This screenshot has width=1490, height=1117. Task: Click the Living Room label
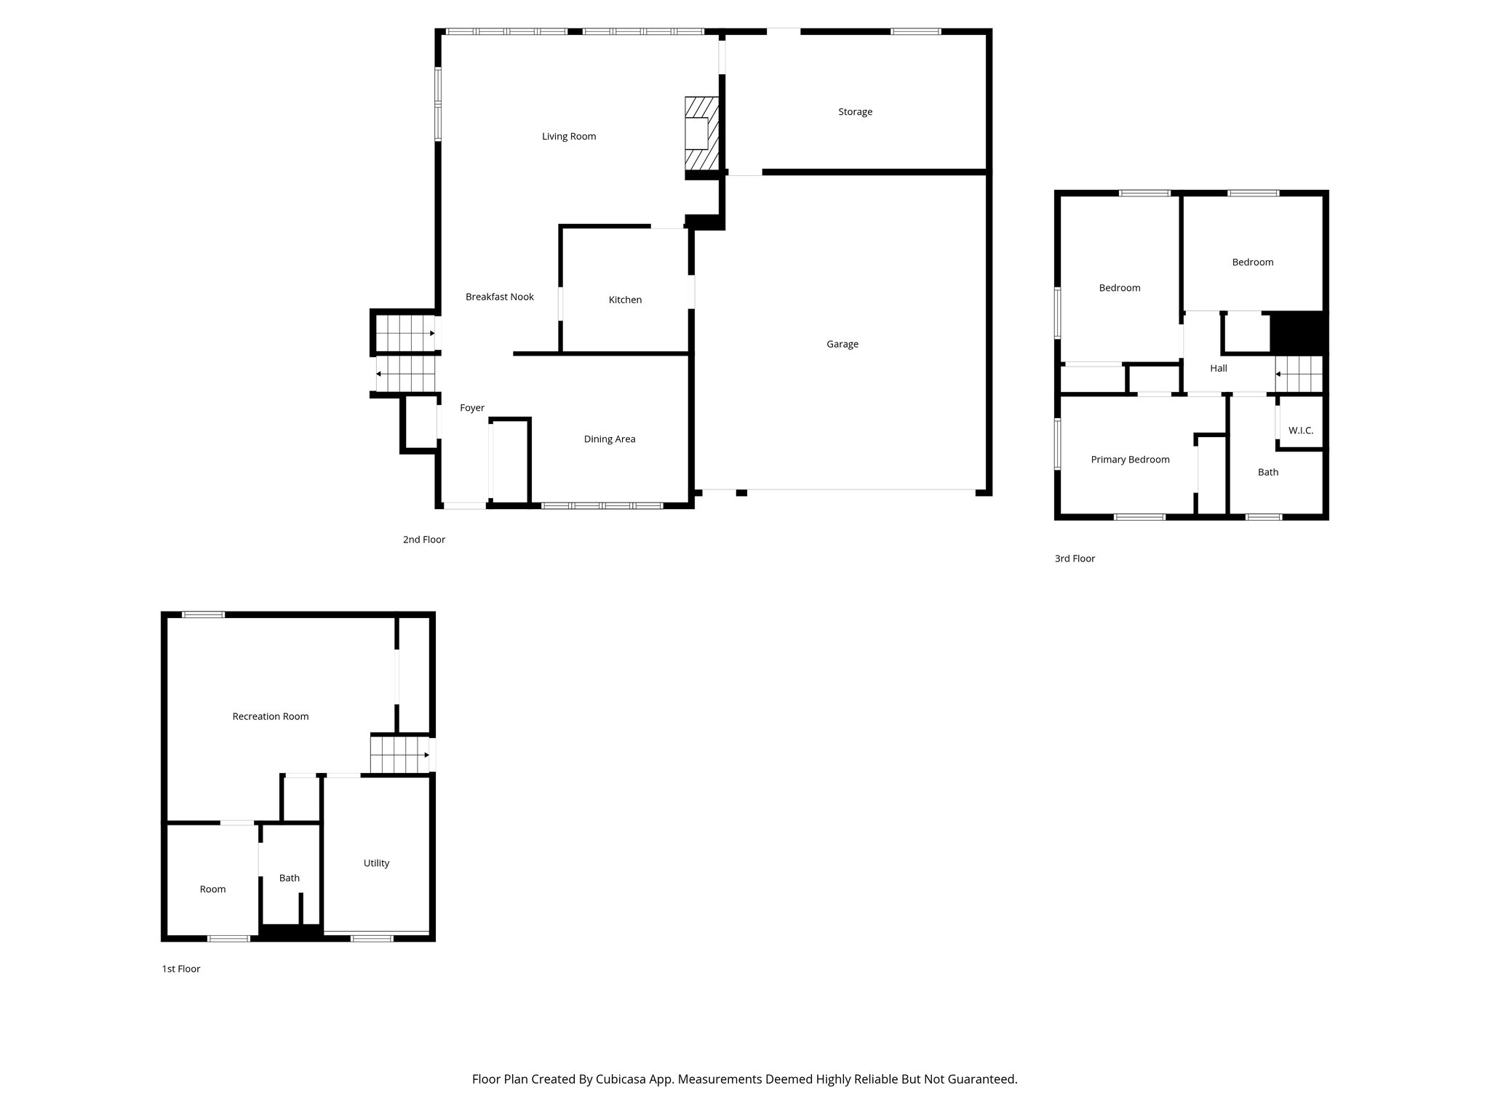(568, 136)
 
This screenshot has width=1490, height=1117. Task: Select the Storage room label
(855, 112)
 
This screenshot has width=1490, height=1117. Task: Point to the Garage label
(842, 344)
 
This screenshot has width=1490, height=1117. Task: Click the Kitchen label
(625, 300)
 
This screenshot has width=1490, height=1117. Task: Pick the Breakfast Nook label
(499, 297)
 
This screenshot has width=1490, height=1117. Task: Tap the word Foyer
(471, 408)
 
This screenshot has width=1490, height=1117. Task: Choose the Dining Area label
(609, 439)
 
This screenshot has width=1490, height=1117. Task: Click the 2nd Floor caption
(423, 540)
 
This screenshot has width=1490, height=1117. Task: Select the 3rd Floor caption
(1074, 558)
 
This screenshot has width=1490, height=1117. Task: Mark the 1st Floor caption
(180, 969)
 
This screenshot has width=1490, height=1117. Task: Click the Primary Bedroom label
(1130, 460)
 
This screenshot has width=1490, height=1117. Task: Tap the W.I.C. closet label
(1300, 431)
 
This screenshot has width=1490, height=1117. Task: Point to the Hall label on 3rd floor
(1218, 369)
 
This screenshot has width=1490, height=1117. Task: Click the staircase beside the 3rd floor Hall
(1299, 374)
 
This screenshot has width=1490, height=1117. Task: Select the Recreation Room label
(270, 716)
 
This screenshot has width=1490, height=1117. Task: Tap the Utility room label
(376, 863)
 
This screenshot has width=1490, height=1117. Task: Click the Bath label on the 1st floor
(289, 878)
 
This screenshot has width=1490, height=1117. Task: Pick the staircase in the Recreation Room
(399, 754)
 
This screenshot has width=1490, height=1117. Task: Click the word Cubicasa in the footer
(623, 1079)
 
